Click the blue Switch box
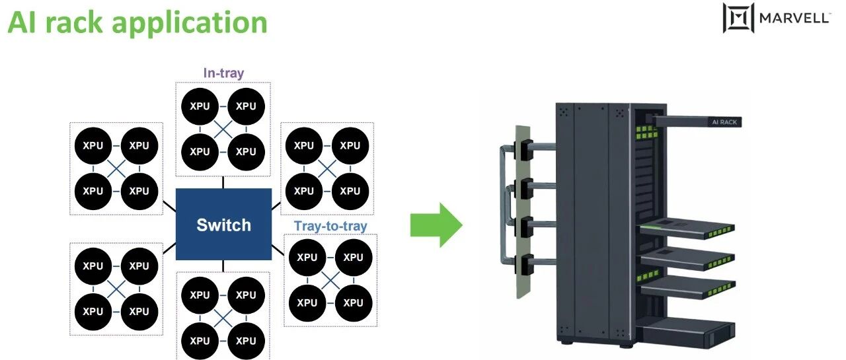coord(223,224)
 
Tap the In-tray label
coord(223,73)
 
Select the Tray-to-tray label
coord(330,226)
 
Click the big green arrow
coord(436,225)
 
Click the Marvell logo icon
coord(738,17)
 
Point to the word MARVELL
coord(794,18)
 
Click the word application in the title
coord(190,23)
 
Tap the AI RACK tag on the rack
coord(724,122)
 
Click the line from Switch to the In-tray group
coord(223,182)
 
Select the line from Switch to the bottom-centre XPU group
coord(223,266)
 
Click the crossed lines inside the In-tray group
coord(223,129)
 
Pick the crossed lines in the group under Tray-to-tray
coord(330,280)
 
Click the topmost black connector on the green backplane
coord(523,149)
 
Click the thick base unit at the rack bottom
coord(685,332)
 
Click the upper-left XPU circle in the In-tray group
coord(200,106)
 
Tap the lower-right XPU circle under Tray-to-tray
coord(354,303)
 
